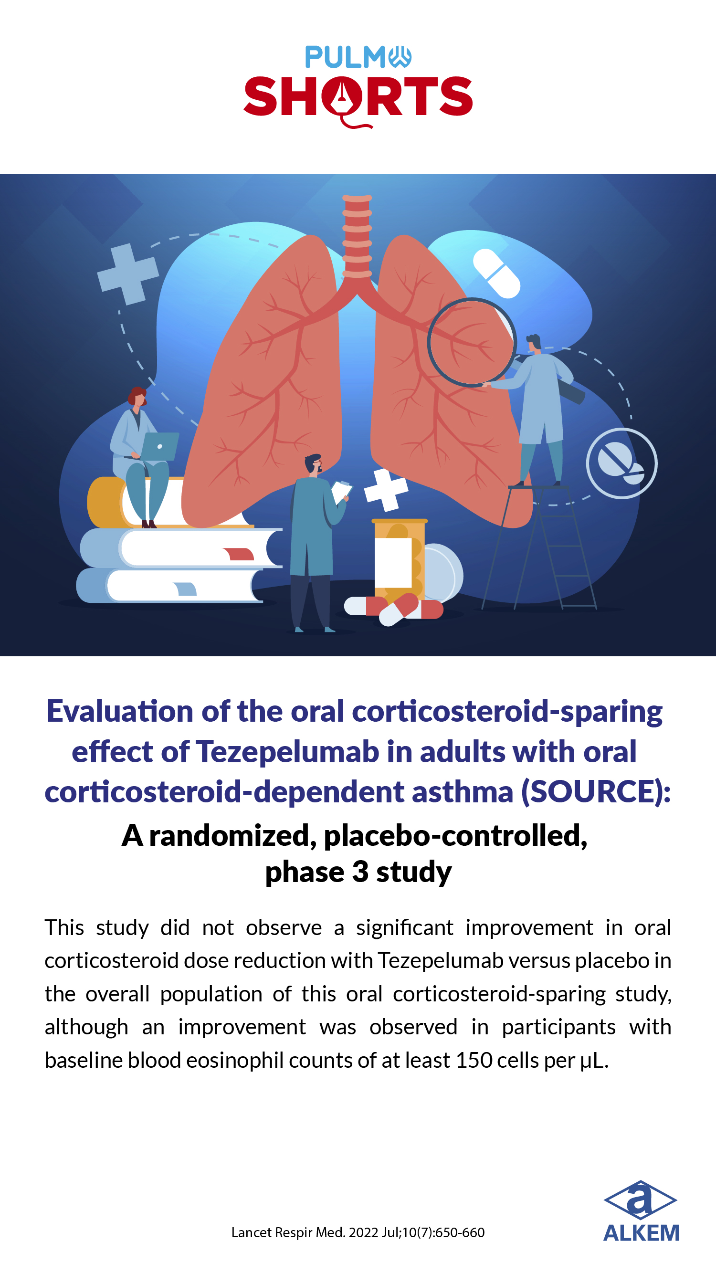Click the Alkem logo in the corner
point(641,1211)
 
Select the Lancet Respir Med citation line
point(358,1232)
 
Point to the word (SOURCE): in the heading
point(596,791)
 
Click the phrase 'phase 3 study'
point(358,872)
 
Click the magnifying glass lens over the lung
point(472,342)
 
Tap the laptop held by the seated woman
point(159,446)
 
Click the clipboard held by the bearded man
point(341,492)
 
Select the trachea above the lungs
point(357,237)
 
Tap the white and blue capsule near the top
point(496,274)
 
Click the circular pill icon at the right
point(621,463)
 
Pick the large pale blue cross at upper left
point(128,274)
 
